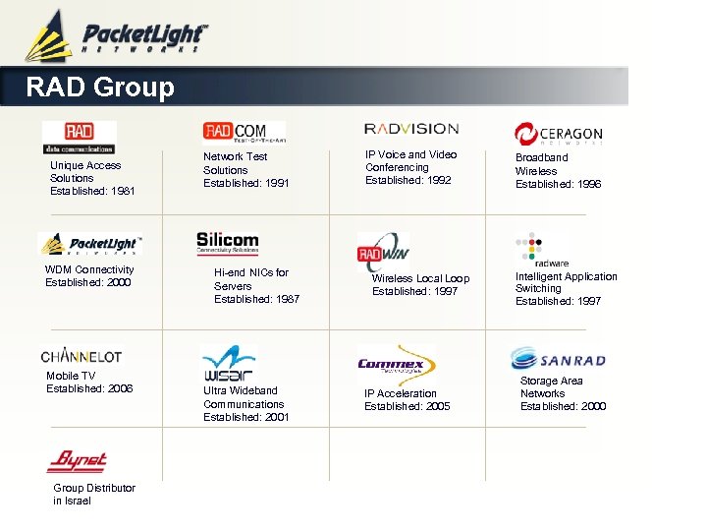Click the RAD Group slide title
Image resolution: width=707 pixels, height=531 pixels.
click(x=100, y=88)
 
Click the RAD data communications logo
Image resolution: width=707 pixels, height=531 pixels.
click(x=79, y=137)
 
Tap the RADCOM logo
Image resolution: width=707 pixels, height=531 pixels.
click(x=244, y=133)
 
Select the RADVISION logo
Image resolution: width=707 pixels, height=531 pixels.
click(x=411, y=129)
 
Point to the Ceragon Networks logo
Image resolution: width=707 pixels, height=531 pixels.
click(x=558, y=134)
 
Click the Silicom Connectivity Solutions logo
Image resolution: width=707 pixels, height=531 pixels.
click(x=228, y=242)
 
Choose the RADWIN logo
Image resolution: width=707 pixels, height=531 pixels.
click(x=383, y=252)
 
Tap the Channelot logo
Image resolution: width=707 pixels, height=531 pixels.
click(x=82, y=356)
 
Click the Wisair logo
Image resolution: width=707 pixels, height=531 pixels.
click(x=228, y=363)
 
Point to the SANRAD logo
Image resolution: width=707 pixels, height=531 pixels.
click(x=558, y=358)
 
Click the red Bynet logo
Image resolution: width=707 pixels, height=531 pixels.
click(x=77, y=460)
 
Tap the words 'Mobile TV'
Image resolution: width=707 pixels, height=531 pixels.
click(x=71, y=376)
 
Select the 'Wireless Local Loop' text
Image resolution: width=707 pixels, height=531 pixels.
click(x=420, y=278)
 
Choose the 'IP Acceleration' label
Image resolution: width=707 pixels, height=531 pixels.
click(x=401, y=393)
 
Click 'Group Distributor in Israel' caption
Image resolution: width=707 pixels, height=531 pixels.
click(x=94, y=494)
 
